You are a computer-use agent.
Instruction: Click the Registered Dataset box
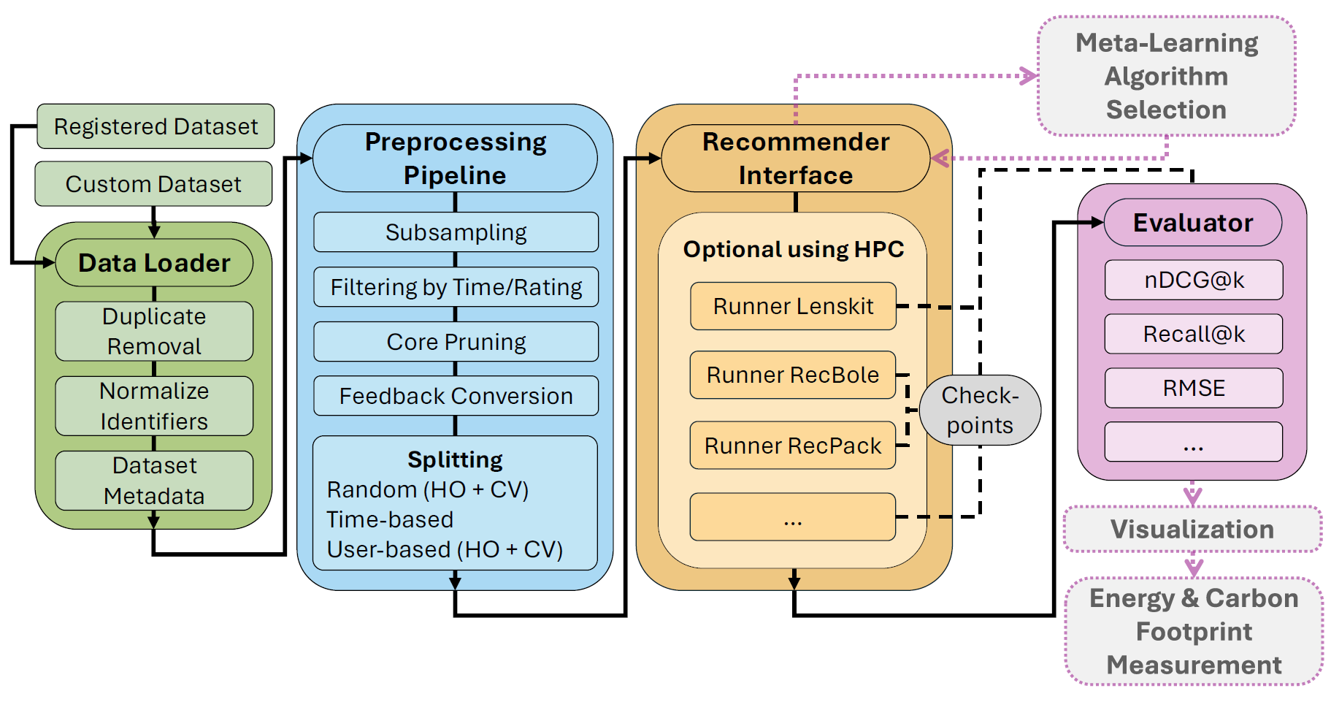156,126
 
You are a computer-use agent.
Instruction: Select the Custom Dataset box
153,184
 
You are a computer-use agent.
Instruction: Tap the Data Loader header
154,263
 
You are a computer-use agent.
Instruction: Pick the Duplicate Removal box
154,331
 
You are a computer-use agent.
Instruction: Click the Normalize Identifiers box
154,406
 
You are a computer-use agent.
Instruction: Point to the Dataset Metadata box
154,481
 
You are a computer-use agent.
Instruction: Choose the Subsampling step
456,232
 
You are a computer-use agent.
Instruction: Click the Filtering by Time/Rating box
456,287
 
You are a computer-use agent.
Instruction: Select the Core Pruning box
456,342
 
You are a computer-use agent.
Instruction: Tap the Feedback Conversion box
456,396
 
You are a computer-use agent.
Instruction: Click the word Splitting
455,459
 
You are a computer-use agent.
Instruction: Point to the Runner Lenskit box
793,306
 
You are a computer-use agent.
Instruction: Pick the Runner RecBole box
793,375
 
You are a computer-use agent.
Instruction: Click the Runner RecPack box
793,446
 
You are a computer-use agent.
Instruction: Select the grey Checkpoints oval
980,411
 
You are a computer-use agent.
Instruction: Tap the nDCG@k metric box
1194,280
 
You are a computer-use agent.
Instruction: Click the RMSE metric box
1194,388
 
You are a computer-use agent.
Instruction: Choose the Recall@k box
1194,334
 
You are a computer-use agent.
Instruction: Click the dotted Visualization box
1192,530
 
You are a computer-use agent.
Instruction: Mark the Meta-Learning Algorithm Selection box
1166,76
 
